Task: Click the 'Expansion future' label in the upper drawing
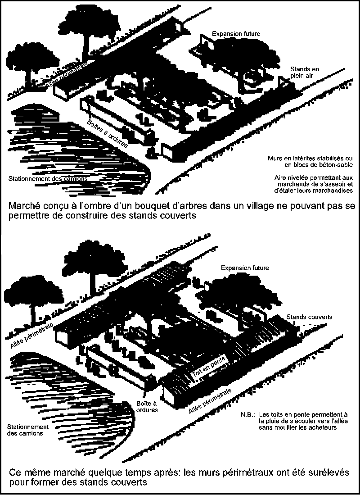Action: click(236, 33)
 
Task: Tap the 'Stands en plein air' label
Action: click(305, 72)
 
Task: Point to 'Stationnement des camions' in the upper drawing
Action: click(48, 179)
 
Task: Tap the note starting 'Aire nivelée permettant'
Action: click(314, 184)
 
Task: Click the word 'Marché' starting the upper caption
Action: click(24, 206)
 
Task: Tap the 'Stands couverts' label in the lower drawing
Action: click(309, 317)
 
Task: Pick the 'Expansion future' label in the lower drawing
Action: click(245, 268)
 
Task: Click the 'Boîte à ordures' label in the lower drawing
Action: click(147, 407)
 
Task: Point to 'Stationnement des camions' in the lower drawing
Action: click(28, 430)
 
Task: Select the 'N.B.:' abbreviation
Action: click(247, 414)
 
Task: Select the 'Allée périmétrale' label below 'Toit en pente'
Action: click(210, 401)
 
